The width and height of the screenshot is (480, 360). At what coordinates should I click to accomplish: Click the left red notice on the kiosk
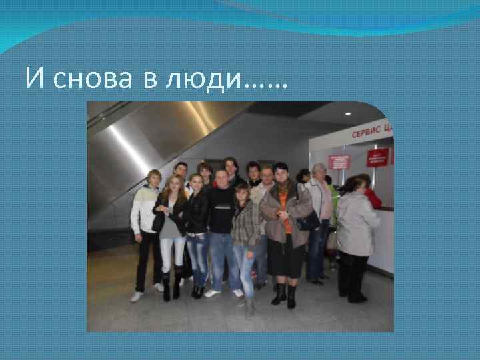tap(339, 162)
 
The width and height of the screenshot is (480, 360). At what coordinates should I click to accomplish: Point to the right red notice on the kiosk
tap(377, 157)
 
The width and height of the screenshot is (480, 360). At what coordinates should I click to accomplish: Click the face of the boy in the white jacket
tap(154, 178)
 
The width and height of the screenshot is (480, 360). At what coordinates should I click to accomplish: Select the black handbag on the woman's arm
tap(307, 221)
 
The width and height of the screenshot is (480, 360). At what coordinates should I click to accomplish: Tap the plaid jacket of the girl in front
tap(245, 224)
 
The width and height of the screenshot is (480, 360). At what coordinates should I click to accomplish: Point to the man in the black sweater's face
tap(221, 179)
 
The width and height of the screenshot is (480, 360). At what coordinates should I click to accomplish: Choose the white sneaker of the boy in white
tap(136, 297)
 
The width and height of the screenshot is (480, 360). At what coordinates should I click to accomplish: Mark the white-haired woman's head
tap(319, 171)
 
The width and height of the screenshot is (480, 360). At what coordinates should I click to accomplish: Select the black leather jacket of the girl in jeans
tap(197, 213)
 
